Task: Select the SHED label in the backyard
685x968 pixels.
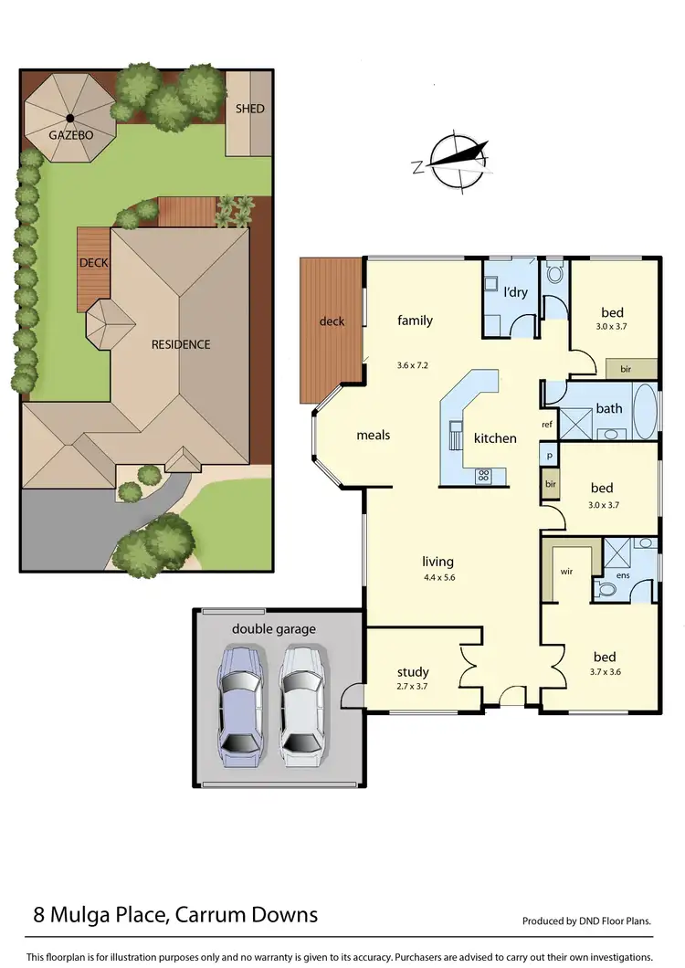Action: [249, 109]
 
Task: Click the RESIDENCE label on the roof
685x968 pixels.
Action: [181, 344]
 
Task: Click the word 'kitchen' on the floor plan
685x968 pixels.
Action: [495, 438]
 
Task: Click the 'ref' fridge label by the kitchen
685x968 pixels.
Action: [547, 425]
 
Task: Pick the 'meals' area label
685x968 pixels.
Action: [373, 435]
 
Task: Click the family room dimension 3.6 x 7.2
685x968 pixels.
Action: [414, 340]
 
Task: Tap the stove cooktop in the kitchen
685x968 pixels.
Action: [484, 475]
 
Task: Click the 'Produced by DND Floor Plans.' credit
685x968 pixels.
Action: [586, 921]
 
